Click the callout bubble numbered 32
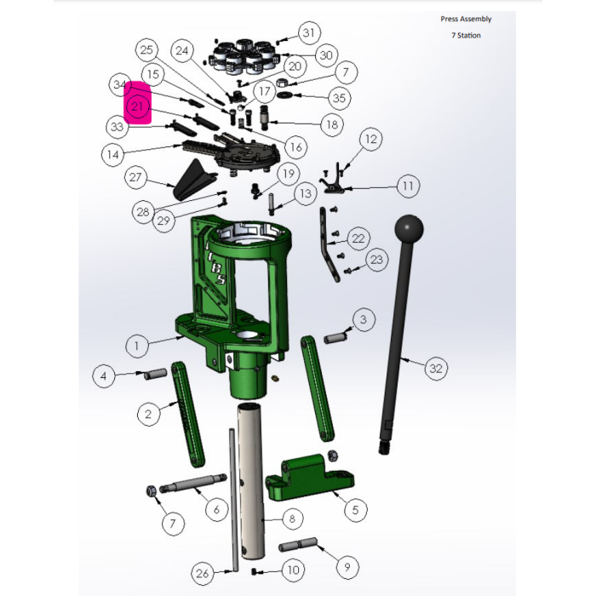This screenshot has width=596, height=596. [436, 368]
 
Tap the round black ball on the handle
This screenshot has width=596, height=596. [409, 229]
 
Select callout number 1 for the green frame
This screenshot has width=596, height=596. [136, 346]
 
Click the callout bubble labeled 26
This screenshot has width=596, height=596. [203, 573]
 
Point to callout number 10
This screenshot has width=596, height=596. [294, 570]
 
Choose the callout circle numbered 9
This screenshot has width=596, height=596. [347, 567]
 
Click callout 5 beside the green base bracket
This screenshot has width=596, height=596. [355, 509]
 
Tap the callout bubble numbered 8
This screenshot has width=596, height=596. [292, 519]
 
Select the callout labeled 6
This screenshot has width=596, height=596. [216, 509]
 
